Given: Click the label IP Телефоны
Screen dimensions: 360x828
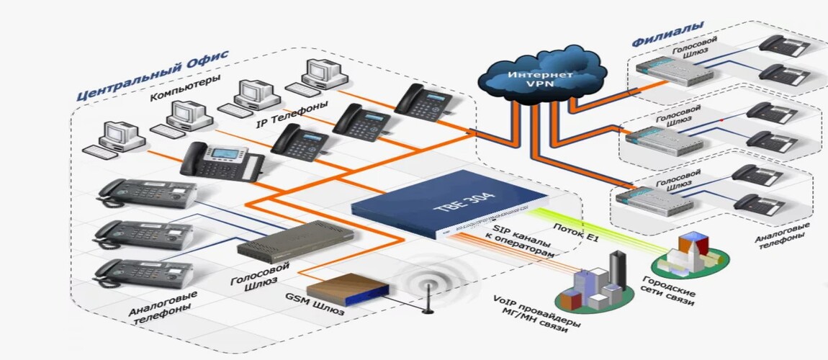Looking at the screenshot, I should [x=292, y=114].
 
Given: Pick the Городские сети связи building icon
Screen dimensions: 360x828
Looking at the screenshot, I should [x=693, y=256].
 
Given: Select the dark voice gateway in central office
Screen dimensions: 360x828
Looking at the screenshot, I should [x=296, y=240].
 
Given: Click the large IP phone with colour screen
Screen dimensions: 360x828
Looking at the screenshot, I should [x=219, y=162].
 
